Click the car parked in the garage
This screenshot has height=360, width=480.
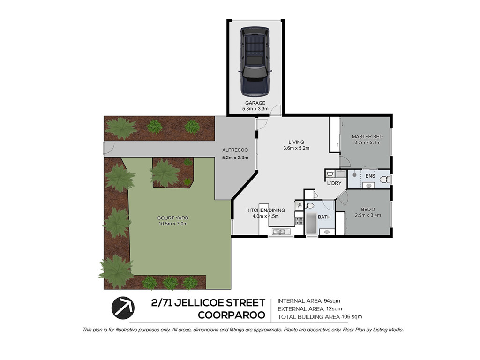click(x=255, y=61)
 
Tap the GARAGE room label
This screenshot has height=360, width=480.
click(x=255, y=103)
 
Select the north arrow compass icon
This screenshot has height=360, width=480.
click(x=123, y=308)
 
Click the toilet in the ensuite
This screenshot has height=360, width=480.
click(x=384, y=179)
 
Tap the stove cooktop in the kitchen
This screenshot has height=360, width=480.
click(x=299, y=220)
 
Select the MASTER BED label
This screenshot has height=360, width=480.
click(x=367, y=137)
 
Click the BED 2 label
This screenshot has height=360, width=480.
click(x=367, y=210)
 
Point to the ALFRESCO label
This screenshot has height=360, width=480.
click(x=235, y=150)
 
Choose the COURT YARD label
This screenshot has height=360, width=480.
click(x=173, y=218)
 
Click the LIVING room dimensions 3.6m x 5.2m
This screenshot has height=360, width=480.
click(x=296, y=148)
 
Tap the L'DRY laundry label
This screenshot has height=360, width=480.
click(x=334, y=183)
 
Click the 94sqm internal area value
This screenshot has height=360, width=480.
click(x=332, y=300)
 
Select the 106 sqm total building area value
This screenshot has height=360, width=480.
click(x=352, y=316)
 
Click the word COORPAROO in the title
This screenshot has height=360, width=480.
click(x=232, y=315)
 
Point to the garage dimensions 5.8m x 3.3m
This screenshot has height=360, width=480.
click(x=255, y=109)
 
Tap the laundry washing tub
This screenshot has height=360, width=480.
click(x=330, y=174)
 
